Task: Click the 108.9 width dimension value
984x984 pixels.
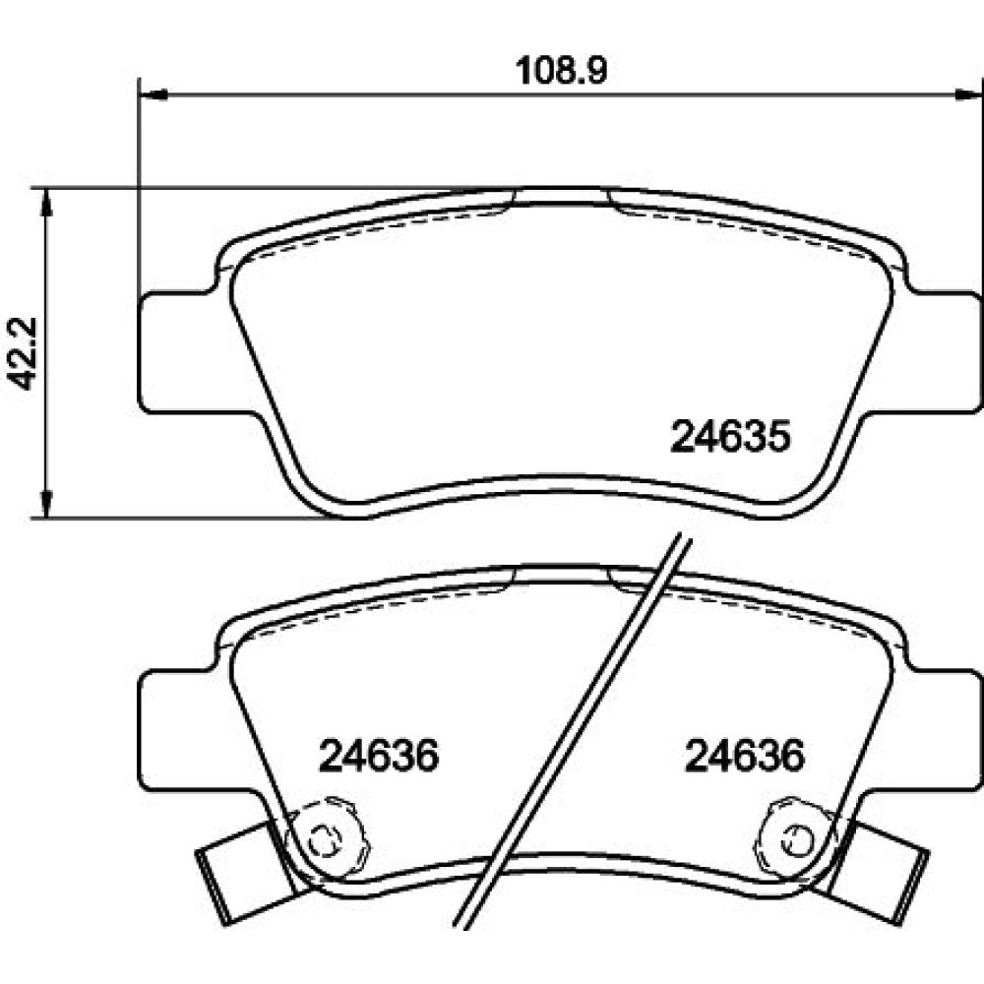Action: (x=562, y=70)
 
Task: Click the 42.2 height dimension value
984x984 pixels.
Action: (x=24, y=353)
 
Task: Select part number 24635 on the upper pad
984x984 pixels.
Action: (x=730, y=437)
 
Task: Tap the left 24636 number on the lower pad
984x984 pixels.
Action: (x=379, y=756)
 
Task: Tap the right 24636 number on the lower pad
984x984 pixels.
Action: (x=744, y=756)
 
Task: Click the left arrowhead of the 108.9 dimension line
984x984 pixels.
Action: (x=153, y=94)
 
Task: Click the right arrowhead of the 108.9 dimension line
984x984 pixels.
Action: (x=968, y=94)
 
